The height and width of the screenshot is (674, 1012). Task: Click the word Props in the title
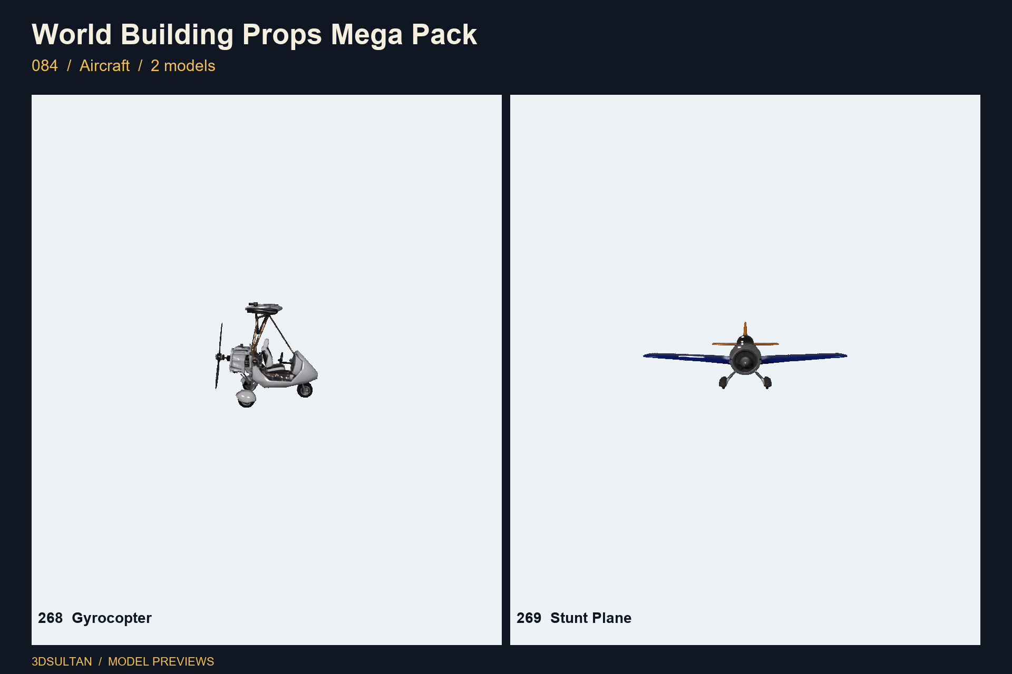click(282, 35)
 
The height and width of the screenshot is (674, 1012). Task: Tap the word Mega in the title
click(367, 35)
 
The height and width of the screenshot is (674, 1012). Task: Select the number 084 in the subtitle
click(45, 66)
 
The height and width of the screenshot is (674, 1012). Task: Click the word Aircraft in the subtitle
click(104, 66)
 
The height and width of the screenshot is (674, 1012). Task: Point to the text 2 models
click(183, 66)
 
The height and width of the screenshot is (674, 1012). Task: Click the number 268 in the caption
click(50, 618)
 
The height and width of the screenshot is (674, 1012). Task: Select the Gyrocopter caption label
click(112, 618)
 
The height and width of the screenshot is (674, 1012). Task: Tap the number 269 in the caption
click(529, 618)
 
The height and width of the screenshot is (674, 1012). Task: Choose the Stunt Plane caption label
click(591, 618)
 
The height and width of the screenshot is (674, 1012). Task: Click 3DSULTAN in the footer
click(62, 661)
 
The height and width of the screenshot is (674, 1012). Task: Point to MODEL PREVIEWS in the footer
click(161, 661)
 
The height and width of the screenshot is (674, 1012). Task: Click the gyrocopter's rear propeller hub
click(220, 357)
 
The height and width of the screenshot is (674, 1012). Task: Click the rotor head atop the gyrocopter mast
click(264, 308)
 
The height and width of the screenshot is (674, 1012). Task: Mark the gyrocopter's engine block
click(239, 359)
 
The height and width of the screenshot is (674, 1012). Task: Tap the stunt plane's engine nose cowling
click(745, 360)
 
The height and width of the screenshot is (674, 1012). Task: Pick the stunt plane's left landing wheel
click(723, 382)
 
